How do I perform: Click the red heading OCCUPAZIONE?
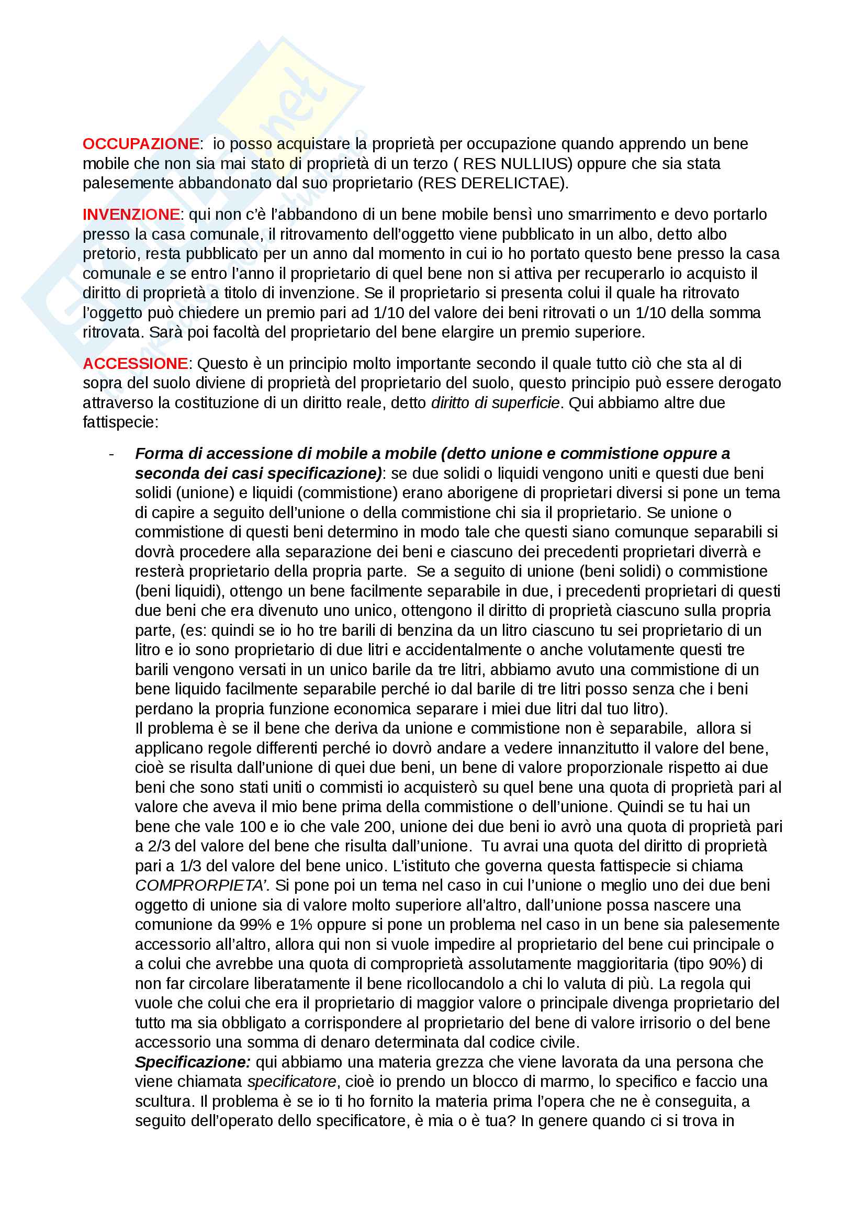click(141, 144)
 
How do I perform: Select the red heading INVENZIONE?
click(131, 215)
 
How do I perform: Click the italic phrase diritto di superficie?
click(495, 402)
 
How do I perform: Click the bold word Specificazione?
click(193, 1062)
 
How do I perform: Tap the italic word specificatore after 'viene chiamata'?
click(291, 1082)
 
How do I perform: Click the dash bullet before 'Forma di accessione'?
click(111, 454)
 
